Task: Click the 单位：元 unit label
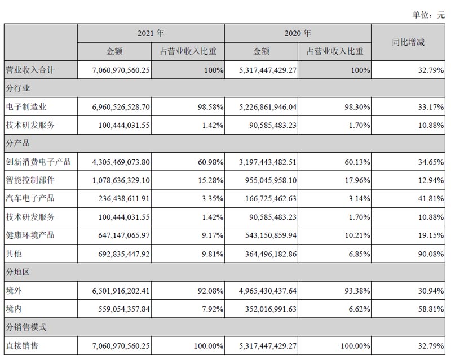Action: pos(429,15)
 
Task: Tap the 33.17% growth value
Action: pos(429,106)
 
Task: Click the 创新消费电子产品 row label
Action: pos(38,162)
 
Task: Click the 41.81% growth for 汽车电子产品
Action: pos(429,198)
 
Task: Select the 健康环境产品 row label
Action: pos(31,235)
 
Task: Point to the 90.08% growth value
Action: pos(429,254)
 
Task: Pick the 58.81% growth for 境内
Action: pos(429,308)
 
